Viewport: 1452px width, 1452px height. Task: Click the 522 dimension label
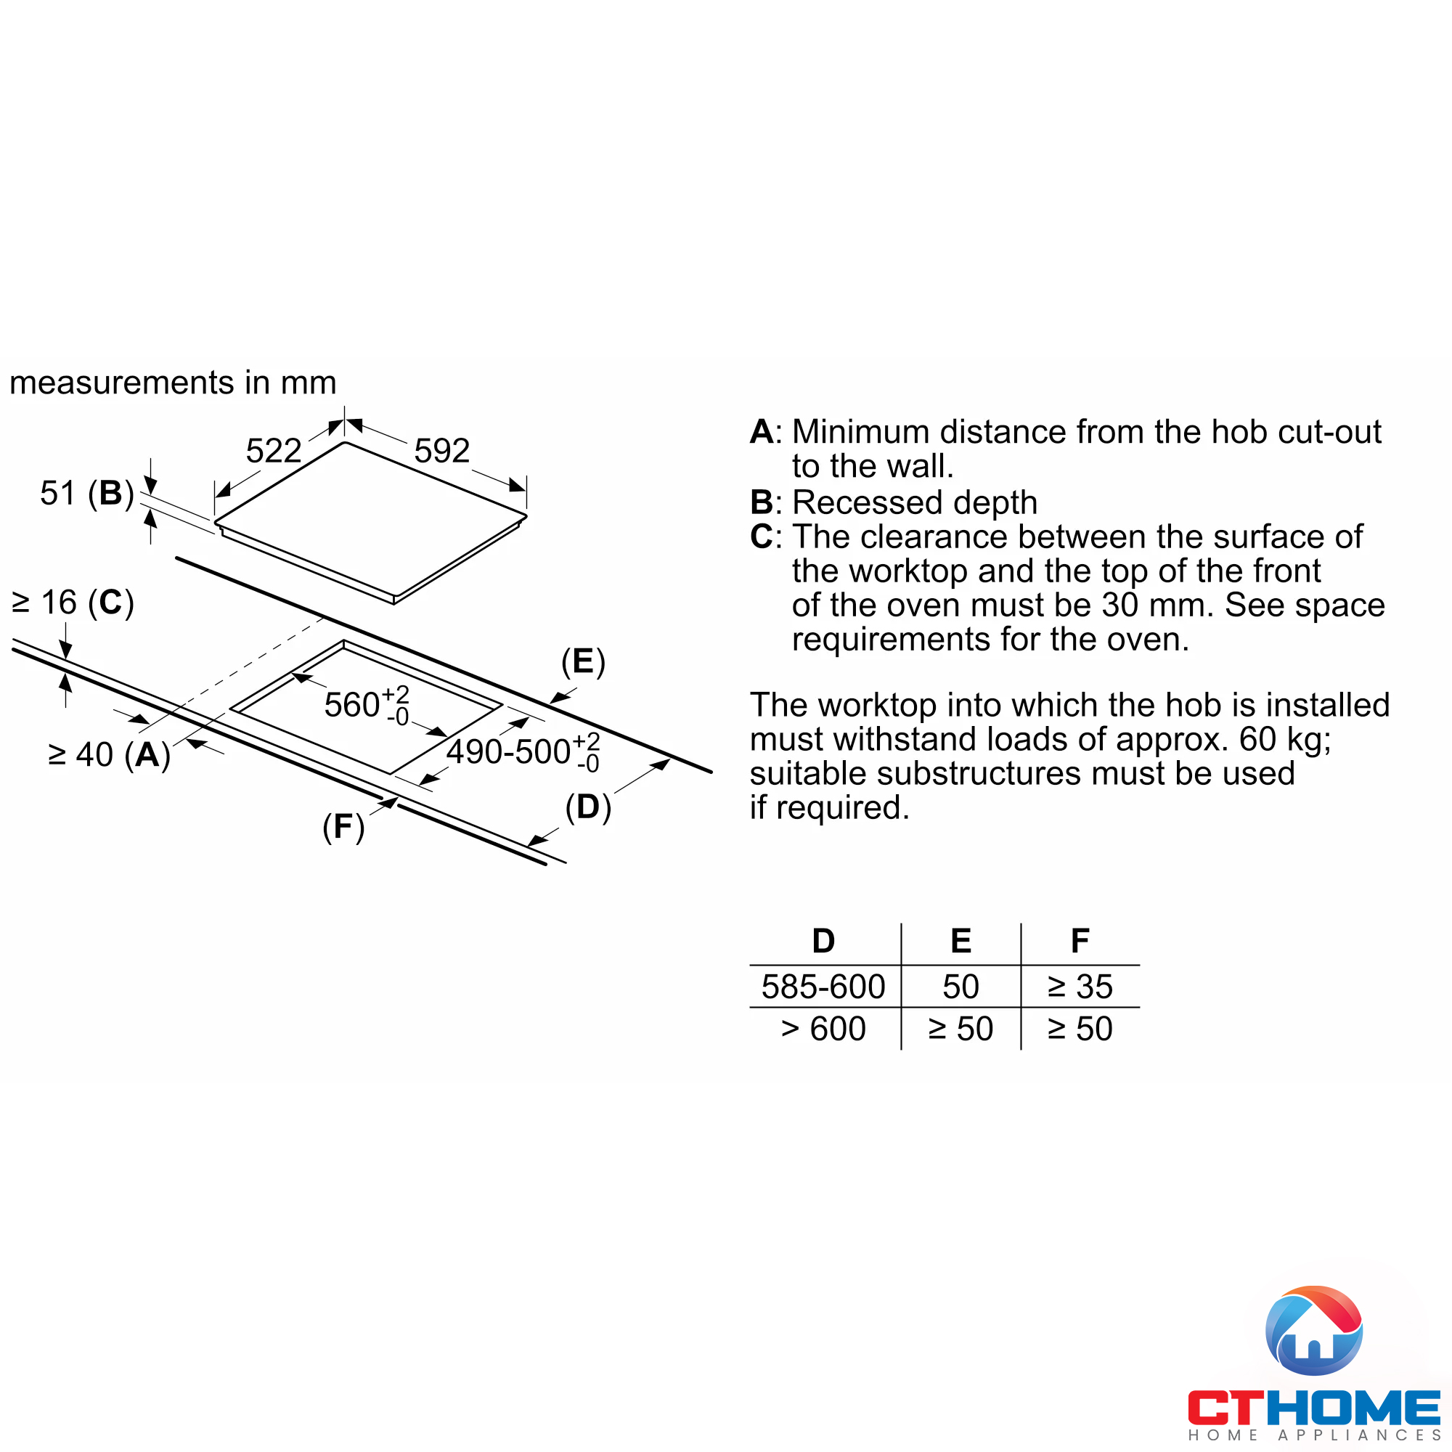tap(274, 451)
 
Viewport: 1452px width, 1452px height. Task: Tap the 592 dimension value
tap(442, 451)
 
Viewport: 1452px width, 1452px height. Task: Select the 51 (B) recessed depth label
tap(87, 494)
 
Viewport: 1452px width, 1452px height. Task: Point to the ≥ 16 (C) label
tap(73, 603)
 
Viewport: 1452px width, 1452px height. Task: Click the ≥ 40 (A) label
tap(109, 754)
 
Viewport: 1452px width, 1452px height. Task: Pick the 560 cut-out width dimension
tap(367, 705)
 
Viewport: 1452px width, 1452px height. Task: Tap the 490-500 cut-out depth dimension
tap(523, 751)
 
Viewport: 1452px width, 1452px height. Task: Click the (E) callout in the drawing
tap(583, 662)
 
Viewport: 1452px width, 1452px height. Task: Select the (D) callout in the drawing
tap(589, 808)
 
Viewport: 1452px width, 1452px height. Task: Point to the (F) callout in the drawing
tap(343, 827)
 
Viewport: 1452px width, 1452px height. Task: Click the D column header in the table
tap(824, 941)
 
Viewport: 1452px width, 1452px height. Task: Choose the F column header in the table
tap(1080, 941)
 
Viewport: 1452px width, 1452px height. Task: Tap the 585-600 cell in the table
tap(824, 987)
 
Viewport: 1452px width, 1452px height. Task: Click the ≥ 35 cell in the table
tap(1080, 987)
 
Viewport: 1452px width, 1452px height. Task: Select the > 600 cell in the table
tap(824, 1029)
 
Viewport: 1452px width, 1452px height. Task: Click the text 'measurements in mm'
tap(173, 383)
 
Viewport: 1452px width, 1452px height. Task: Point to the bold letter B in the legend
tap(762, 502)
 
